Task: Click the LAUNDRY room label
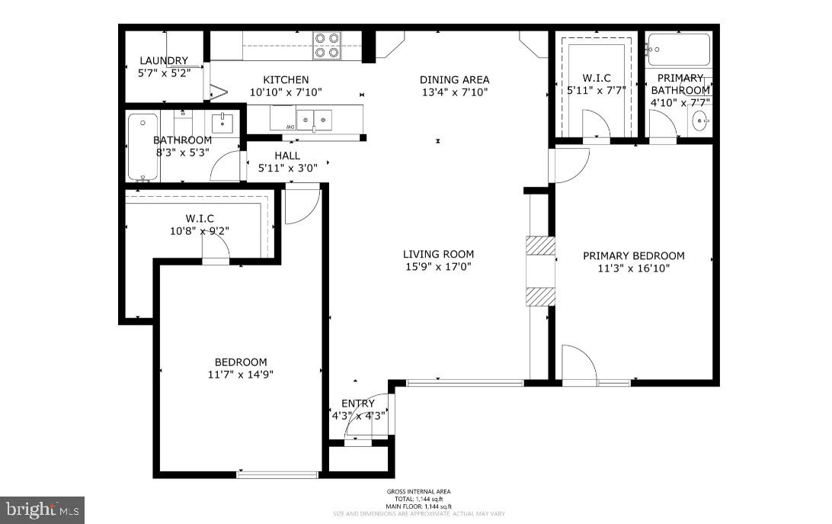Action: coord(163,61)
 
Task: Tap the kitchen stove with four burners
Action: coord(328,45)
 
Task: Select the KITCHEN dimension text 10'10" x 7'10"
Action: coord(286,92)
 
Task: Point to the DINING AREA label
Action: coord(454,79)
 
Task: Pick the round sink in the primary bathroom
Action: coord(701,120)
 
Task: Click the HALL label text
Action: coord(287,155)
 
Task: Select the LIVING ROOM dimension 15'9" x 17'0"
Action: coord(438,267)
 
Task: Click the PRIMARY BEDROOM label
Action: coord(633,256)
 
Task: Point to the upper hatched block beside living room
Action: coord(539,246)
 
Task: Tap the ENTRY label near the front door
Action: coord(357,403)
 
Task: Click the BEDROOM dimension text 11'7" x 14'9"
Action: coord(240,375)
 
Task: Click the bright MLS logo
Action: coord(43,509)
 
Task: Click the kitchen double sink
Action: coord(314,118)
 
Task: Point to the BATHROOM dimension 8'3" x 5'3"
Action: coord(182,153)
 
